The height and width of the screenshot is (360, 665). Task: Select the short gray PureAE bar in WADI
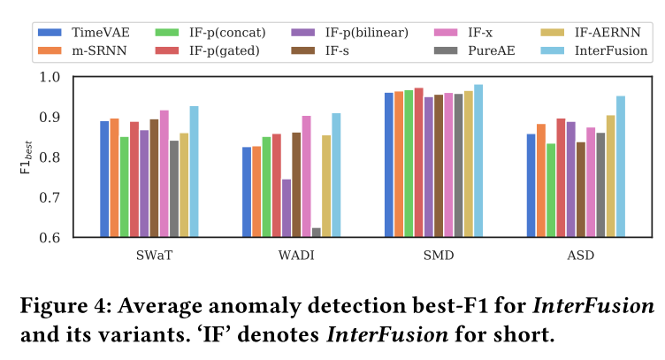[317, 233]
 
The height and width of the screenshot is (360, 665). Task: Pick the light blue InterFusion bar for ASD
[621, 167]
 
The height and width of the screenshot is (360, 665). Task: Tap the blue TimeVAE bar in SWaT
[104, 180]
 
